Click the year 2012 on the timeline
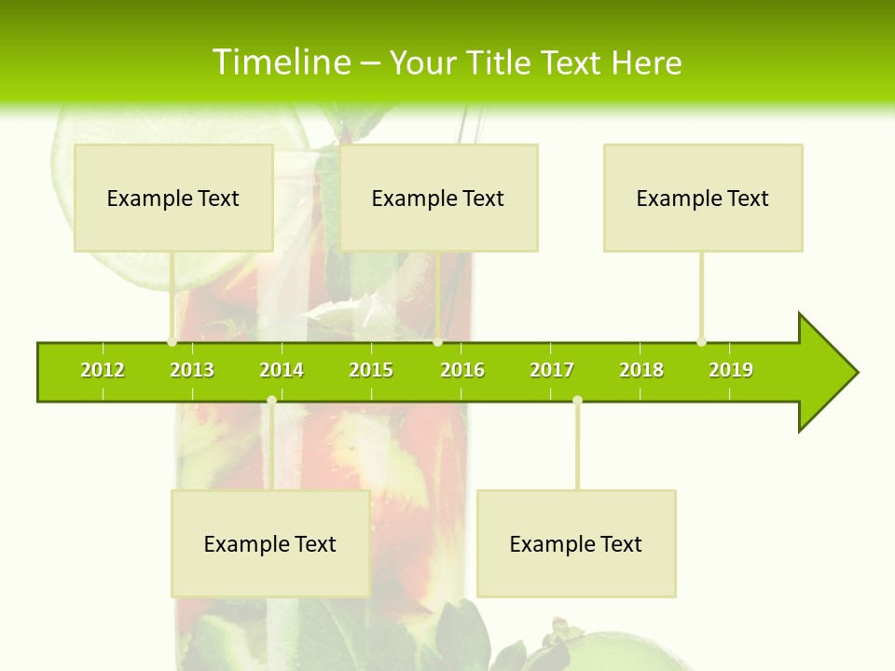[x=103, y=370]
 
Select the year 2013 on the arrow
[x=192, y=370]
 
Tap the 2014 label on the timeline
[x=282, y=370]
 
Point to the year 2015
[x=371, y=370]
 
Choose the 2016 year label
[x=462, y=370]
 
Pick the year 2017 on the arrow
[x=552, y=370]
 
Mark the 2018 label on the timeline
[x=641, y=370]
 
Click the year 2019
[x=731, y=370]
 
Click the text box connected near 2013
[x=173, y=198]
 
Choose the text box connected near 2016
[x=438, y=198]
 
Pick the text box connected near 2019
[x=703, y=198]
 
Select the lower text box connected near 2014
[x=270, y=543]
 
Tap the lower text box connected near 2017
[x=576, y=543]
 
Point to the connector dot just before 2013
[x=172, y=342]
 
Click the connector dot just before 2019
[x=701, y=342]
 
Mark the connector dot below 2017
[x=577, y=401]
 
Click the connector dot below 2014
[x=271, y=401]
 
